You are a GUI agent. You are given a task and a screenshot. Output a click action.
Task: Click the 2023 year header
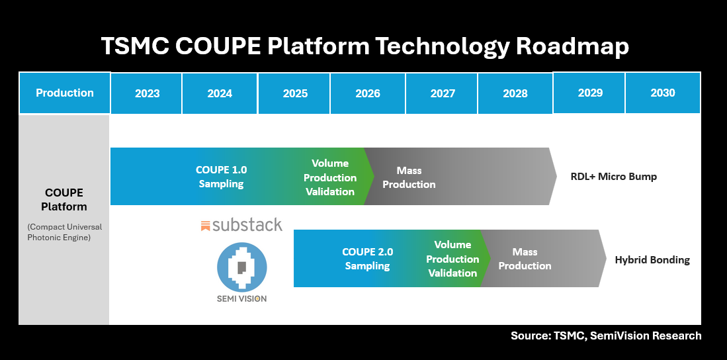(x=147, y=93)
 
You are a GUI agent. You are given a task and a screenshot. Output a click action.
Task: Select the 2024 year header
(x=220, y=93)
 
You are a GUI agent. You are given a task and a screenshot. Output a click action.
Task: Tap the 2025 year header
(x=295, y=93)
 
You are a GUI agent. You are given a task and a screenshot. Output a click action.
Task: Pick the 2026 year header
(x=368, y=93)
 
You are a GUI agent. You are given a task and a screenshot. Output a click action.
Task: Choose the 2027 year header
(x=443, y=93)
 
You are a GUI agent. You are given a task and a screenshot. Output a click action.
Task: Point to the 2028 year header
(x=515, y=93)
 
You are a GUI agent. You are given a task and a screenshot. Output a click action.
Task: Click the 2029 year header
(x=590, y=93)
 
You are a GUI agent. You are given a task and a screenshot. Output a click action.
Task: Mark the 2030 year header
(x=662, y=93)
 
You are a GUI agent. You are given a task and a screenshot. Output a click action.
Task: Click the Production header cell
(x=65, y=93)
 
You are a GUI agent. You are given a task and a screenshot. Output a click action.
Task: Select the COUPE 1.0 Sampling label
(x=222, y=177)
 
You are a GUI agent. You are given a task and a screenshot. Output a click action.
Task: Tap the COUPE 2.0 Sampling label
(x=368, y=259)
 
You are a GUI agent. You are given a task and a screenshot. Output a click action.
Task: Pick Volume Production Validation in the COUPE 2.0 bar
(x=452, y=259)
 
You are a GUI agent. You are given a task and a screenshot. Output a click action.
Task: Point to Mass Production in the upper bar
(x=409, y=177)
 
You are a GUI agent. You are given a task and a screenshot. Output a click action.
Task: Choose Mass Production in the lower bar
(x=525, y=259)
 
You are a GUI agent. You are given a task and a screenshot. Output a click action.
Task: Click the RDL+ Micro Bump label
(x=613, y=177)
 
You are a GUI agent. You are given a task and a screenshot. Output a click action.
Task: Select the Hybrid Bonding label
(x=652, y=260)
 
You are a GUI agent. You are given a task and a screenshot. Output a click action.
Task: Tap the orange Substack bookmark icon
(x=206, y=226)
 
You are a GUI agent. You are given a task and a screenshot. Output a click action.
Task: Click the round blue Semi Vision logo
(x=242, y=267)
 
